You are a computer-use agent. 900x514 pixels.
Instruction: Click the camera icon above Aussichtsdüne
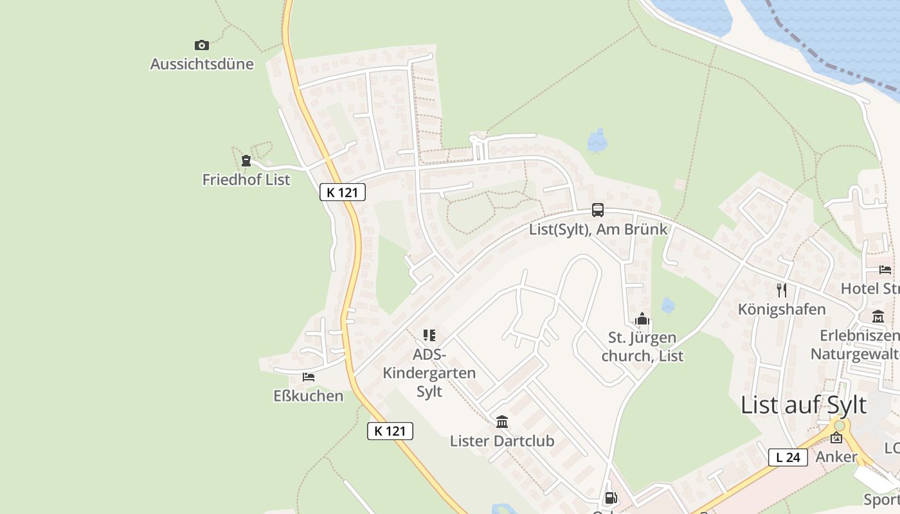pyautogui.click(x=202, y=45)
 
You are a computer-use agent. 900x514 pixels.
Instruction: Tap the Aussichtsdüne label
pyautogui.click(x=202, y=64)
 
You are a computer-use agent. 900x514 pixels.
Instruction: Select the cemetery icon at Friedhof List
pyautogui.click(x=246, y=161)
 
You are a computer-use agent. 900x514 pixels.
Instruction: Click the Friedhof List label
pyautogui.click(x=246, y=180)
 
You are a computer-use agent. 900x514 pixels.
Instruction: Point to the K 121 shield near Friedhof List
pyautogui.click(x=343, y=192)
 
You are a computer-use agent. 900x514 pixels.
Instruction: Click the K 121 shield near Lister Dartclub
pyautogui.click(x=390, y=431)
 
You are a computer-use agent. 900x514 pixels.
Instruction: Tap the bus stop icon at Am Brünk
pyautogui.click(x=598, y=210)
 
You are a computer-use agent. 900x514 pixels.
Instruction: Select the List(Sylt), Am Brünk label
pyautogui.click(x=598, y=229)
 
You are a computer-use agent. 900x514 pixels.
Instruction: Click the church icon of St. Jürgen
pyautogui.click(x=642, y=319)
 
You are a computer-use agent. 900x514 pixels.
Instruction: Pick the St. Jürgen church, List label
pyautogui.click(x=642, y=346)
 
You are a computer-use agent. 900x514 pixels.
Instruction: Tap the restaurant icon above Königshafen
pyautogui.click(x=782, y=290)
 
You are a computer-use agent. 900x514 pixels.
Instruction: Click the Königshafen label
pyautogui.click(x=782, y=310)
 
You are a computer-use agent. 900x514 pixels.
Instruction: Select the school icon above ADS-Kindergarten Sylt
pyautogui.click(x=429, y=335)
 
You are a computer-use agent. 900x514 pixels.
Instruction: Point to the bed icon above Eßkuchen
pyautogui.click(x=309, y=377)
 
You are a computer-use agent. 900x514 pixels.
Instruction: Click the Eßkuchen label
pyautogui.click(x=309, y=396)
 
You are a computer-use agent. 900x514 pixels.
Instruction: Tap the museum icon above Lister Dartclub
pyautogui.click(x=502, y=422)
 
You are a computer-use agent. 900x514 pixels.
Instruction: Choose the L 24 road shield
pyautogui.click(x=788, y=457)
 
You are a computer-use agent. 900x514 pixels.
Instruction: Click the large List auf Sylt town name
pyautogui.click(x=804, y=405)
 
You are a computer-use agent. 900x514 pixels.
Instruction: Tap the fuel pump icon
pyautogui.click(x=611, y=497)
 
